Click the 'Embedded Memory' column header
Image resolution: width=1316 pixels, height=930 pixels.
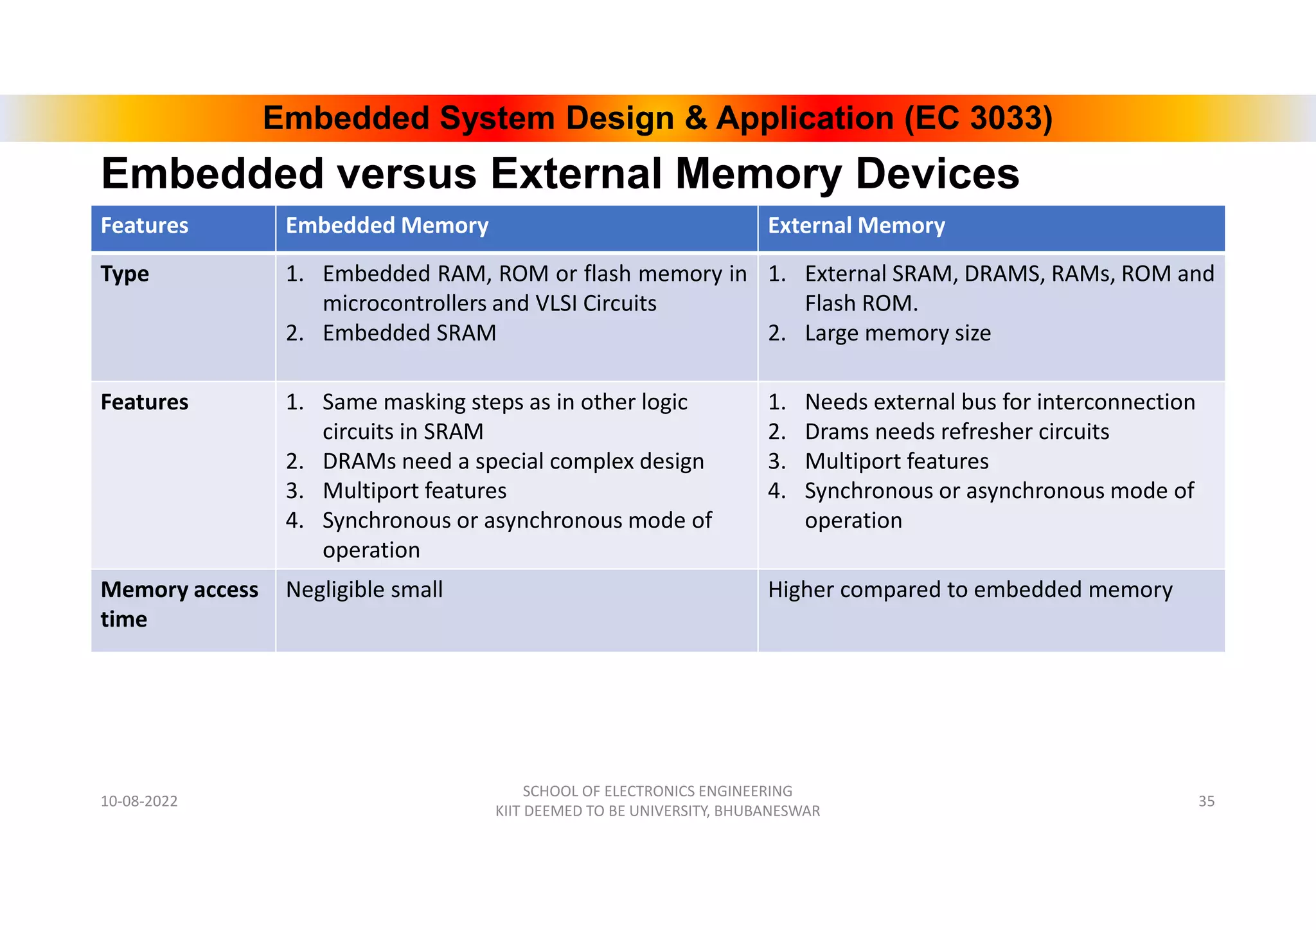pos(387,226)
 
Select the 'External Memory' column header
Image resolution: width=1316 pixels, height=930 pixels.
pos(856,226)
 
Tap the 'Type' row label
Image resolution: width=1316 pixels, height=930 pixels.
pos(125,274)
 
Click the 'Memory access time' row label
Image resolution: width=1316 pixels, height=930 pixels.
pos(179,604)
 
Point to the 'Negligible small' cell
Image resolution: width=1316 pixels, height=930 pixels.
pos(364,589)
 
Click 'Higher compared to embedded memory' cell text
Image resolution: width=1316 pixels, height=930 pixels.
pos(970,589)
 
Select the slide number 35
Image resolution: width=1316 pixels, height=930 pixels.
pos(1206,801)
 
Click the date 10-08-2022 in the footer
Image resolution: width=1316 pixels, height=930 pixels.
pos(139,801)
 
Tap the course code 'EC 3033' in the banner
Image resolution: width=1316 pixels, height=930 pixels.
pos(979,118)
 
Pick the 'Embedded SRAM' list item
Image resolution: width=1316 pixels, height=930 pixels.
pos(409,333)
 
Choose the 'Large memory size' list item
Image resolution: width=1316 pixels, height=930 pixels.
pos(898,333)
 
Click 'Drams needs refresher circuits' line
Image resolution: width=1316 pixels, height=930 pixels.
pos(957,431)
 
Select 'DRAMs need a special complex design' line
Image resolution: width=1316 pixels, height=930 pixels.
pos(513,461)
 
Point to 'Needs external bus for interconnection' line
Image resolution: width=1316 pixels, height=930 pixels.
pos(1000,402)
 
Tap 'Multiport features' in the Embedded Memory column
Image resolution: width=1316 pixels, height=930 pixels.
pos(414,490)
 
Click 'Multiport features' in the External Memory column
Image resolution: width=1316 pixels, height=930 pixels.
pos(896,461)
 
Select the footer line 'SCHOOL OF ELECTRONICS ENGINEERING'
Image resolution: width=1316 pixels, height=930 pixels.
pos(657,791)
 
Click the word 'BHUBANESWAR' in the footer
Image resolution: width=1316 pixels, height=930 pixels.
pos(767,811)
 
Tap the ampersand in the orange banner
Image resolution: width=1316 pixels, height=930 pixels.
pos(695,118)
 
